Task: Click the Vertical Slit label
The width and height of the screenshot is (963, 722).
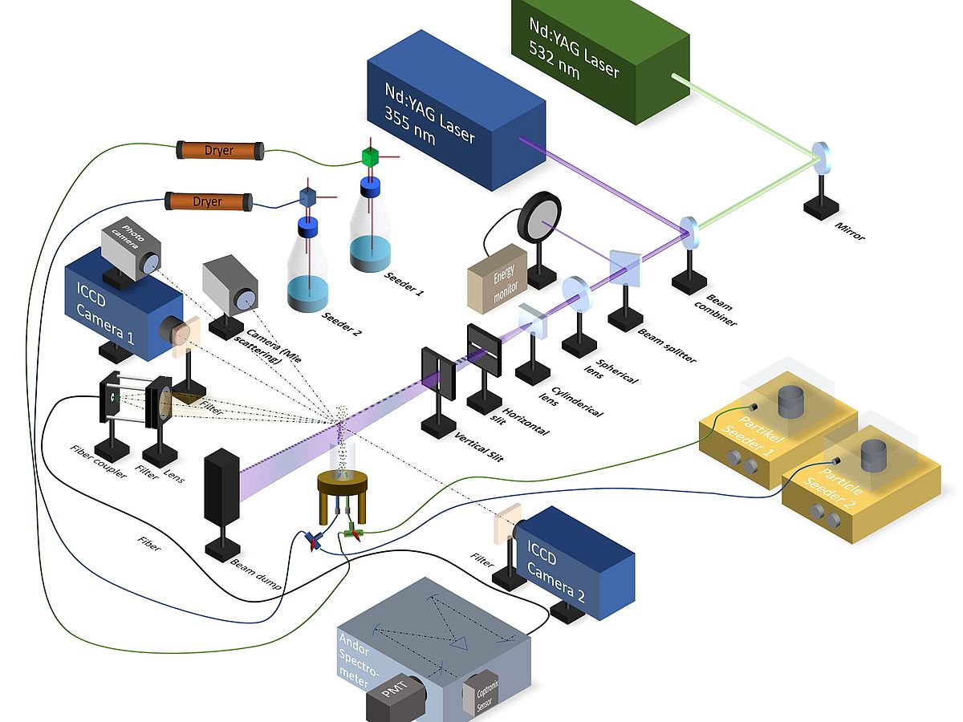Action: click(x=479, y=450)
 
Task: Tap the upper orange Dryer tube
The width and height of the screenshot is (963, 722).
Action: click(x=220, y=150)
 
